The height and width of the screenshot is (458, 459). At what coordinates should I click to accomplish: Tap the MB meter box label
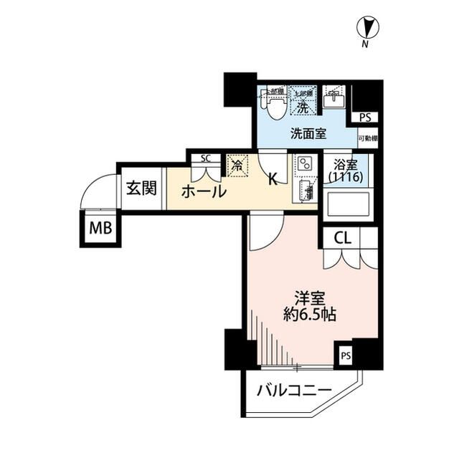coord(100,229)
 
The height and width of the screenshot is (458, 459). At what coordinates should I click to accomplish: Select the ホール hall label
coord(204,191)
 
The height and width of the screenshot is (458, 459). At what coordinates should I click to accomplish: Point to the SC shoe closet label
coord(205,158)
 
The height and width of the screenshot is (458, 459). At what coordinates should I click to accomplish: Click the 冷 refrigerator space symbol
coord(237,165)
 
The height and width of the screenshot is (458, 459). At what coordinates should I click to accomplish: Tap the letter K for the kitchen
coord(273,179)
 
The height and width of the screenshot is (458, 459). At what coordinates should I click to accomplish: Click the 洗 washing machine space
coord(303,102)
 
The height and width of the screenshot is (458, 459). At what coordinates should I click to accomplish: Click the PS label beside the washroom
coord(366,118)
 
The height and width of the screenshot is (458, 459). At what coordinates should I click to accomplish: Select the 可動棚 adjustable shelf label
coord(368,138)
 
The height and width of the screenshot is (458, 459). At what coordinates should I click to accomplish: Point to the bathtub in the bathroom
coord(346,204)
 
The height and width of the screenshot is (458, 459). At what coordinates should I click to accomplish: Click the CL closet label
coord(342,238)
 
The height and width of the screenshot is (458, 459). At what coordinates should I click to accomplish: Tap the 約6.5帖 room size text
coord(310,314)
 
